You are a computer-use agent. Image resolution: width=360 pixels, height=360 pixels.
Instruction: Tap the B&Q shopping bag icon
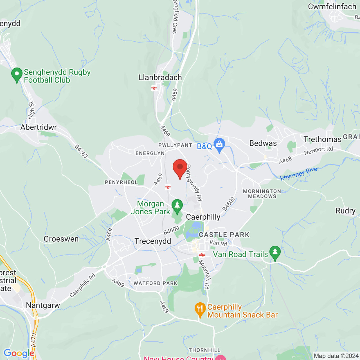pos(219,145)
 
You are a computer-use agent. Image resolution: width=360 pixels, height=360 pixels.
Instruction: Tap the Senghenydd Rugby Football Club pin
pos(17,75)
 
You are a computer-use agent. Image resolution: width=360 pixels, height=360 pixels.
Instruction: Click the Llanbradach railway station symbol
pos(154,88)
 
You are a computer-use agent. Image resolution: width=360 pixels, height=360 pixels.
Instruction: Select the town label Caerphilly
pos(203,217)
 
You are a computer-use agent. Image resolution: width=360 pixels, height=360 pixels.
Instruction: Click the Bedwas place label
pos(263,143)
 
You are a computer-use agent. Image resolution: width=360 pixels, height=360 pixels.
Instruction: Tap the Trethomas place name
pos(322,139)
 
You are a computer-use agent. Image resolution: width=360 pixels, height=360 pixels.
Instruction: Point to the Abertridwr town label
pos(39,127)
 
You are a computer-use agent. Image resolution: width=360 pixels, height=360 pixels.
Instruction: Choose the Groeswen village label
pos(61,239)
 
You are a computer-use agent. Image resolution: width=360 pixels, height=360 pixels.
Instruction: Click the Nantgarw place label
pos(43,305)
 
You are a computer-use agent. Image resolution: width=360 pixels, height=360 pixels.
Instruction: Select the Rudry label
pos(345,211)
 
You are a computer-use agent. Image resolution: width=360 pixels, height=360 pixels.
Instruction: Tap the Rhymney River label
pos(300,174)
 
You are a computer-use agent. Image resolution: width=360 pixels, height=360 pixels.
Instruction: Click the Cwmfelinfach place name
pos(332,7)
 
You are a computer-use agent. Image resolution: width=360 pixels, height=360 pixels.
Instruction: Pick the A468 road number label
pos(285,160)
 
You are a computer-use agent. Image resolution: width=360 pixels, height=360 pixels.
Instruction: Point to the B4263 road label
pos(81,151)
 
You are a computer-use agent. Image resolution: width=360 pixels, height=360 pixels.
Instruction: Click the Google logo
pos(19,353)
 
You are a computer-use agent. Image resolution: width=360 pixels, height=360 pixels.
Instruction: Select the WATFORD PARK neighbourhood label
pos(156,283)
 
